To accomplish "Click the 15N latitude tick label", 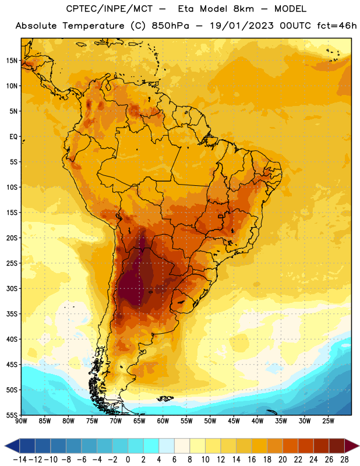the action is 12,61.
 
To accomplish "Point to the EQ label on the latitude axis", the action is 13,137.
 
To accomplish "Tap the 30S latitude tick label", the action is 12,288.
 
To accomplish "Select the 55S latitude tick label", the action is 12,415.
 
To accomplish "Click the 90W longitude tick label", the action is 21,421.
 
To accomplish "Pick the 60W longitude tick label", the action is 163,421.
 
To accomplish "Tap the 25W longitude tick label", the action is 328,421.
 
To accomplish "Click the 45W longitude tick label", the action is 234,421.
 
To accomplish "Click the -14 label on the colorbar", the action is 20,460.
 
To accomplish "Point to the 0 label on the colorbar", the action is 128,460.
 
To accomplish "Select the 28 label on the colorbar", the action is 344,460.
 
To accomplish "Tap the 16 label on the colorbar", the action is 252,460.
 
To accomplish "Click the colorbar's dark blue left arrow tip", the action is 5,446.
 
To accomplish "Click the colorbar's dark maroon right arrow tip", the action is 359,446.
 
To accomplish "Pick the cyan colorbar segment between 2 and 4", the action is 151,446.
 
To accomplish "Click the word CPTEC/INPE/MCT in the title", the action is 110,9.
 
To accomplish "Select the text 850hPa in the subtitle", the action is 170,26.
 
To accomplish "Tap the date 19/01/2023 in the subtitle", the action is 242,26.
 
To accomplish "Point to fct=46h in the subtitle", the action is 337,26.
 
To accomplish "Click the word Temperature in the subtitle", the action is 93,26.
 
